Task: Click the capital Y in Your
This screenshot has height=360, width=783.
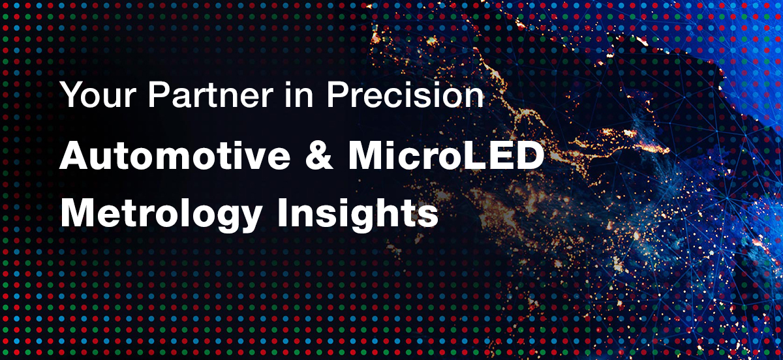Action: [70, 95]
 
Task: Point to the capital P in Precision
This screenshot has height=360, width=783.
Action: [337, 95]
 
